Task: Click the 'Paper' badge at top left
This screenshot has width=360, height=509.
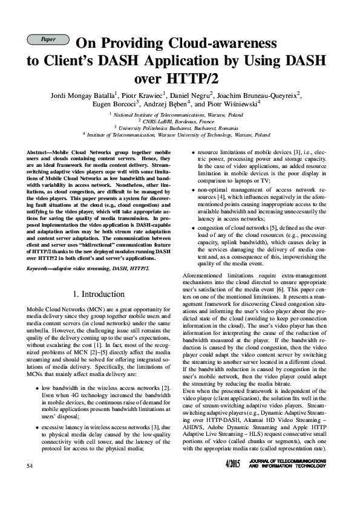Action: [x=48, y=39]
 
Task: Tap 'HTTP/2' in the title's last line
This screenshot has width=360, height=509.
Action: [x=196, y=79]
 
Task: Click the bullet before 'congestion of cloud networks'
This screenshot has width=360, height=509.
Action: [x=192, y=228]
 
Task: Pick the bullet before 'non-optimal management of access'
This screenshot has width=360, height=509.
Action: [x=192, y=190]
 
